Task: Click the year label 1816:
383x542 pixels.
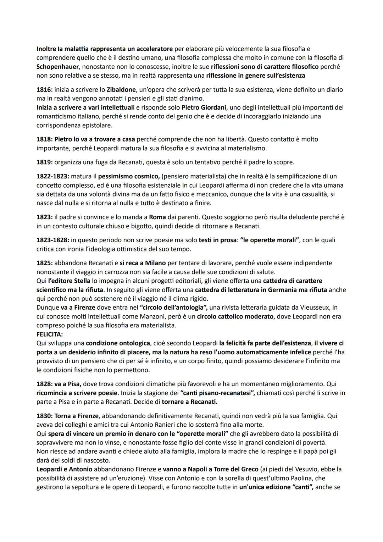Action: [x=44, y=90]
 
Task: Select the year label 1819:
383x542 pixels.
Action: [x=44, y=162]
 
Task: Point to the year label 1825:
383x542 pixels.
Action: [x=44, y=263]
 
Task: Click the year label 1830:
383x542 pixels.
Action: [x=44, y=416]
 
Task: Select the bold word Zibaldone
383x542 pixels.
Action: [x=121, y=90]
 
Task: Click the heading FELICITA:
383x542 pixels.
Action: [x=50, y=334]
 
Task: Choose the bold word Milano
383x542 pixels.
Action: [x=155, y=263]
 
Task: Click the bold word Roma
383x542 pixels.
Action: [x=157, y=217]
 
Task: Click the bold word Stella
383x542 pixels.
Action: [x=82, y=281]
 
